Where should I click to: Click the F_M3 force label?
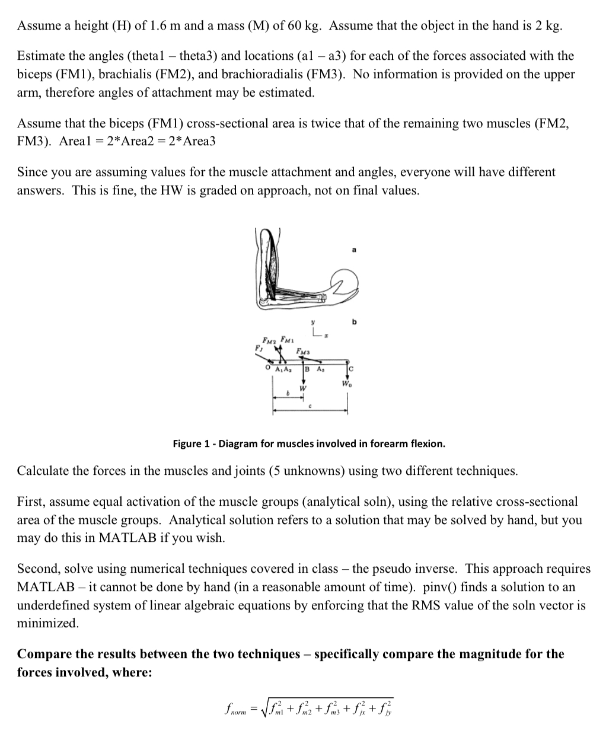tap(302, 352)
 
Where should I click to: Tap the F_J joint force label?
tap(258, 349)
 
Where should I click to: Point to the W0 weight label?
tap(346, 382)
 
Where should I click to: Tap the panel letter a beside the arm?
tap(354, 250)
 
